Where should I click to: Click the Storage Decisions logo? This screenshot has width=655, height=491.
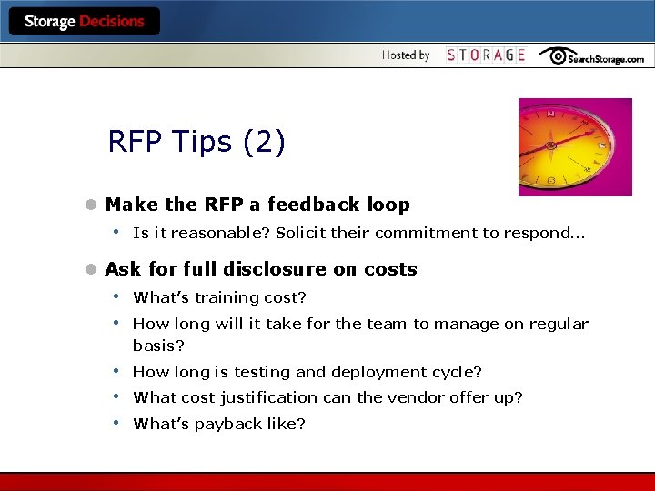tap(84, 21)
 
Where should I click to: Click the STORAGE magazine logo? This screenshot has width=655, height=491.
tap(486, 55)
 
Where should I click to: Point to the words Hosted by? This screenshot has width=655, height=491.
tap(406, 55)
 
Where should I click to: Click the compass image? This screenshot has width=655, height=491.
tap(575, 146)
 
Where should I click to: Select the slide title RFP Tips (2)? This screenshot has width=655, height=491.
tap(196, 143)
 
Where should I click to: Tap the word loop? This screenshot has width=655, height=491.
tap(388, 205)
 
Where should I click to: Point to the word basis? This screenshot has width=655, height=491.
tap(159, 346)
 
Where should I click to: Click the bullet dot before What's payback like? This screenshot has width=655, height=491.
tap(117, 423)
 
